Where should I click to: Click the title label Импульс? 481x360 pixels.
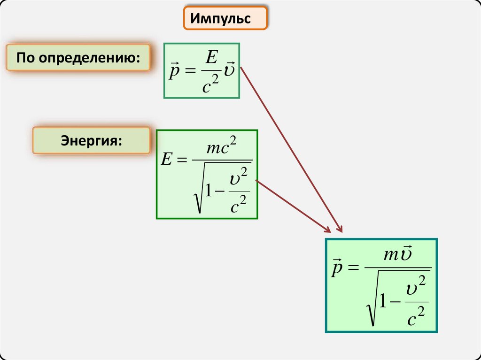225,19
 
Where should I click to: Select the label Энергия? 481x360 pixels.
91,140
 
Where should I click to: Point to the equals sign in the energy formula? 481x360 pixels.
182,160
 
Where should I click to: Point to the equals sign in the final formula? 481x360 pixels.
352,268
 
